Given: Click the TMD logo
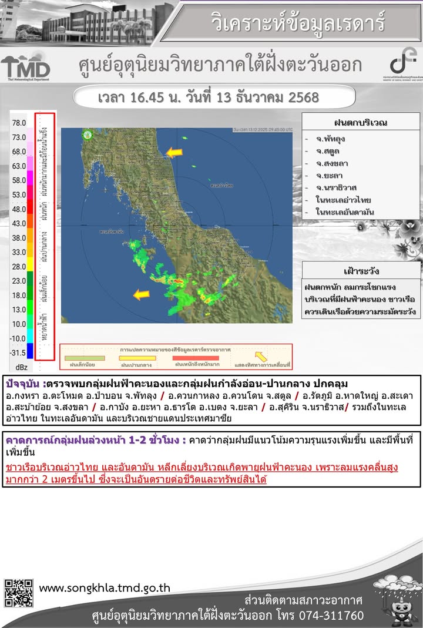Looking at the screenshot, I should pos(25,68).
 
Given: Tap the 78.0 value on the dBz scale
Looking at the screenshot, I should pos(19,123).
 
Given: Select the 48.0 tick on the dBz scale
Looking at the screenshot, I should pos(19,209).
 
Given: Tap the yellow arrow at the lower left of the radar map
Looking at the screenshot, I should pos(141,294).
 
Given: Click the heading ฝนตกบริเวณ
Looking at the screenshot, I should pos(360,123).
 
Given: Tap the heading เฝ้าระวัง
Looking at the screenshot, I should pos(361,271).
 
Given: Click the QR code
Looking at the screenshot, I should pos(19,593).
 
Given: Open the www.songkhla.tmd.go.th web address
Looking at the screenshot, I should pos(105,587).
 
